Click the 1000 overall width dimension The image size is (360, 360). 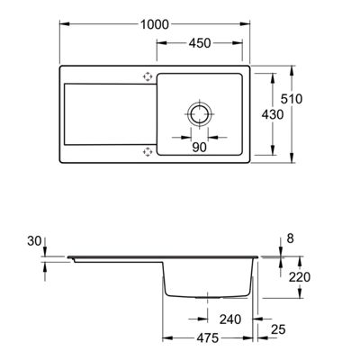click(x=155, y=24)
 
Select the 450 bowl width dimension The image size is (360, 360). click(x=200, y=43)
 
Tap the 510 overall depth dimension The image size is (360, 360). click(x=292, y=99)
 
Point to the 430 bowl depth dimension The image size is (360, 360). click(x=273, y=114)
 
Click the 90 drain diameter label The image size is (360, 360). click(x=200, y=148)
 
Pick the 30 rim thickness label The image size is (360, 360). click(x=34, y=241)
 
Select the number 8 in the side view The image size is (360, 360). click(x=291, y=238)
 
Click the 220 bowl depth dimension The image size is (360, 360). click(x=300, y=277)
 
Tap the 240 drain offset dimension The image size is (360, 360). click(x=230, y=319)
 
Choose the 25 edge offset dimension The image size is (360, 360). click(x=278, y=330)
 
